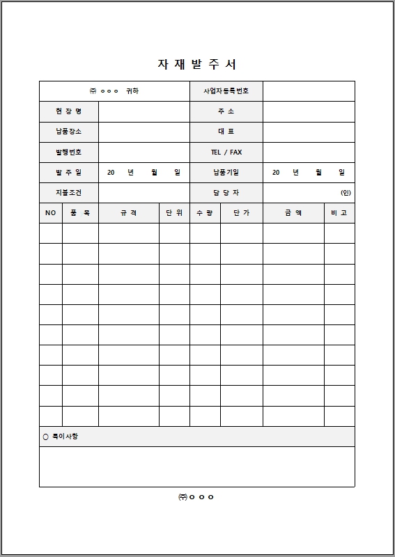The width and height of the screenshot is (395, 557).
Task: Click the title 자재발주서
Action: click(x=197, y=64)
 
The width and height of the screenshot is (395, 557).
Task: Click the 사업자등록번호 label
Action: click(x=226, y=91)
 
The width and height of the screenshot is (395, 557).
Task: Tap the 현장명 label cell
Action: click(x=68, y=111)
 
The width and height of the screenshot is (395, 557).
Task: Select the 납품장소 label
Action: click(x=68, y=132)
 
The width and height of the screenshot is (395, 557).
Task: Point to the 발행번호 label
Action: click(x=68, y=152)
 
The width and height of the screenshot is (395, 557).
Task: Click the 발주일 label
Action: click(x=68, y=172)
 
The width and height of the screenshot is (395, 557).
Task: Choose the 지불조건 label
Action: click(x=68, y=192)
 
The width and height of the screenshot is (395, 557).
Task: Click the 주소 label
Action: click(x=226, y=111)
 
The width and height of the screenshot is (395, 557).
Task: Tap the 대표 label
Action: click(x=226, y=132)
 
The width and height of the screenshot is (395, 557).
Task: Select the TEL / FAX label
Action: click(x=226, y=152)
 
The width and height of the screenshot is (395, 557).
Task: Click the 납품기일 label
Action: click(x=226, y=172)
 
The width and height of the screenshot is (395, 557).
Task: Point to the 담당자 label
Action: click(x=226, y=192)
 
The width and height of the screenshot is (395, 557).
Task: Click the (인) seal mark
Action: click(x=346, y=192)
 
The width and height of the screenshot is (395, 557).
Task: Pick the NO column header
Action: click(x=50, y=213)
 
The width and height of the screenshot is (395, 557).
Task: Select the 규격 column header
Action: click(x=128, y=213)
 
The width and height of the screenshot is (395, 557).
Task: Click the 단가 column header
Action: click(x=241, y=213)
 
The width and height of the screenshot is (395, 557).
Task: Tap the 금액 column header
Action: click(x=293, y=213)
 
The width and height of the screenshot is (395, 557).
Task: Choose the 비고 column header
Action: click(x=339, y=213)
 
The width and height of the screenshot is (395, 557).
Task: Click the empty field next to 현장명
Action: click(x=144, y=111)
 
